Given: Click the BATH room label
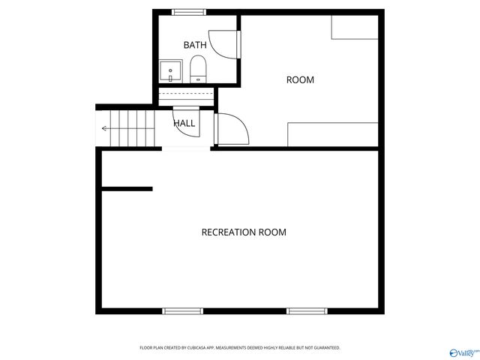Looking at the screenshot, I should [x=195, y=45].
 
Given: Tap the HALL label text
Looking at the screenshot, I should [x=184, y=123].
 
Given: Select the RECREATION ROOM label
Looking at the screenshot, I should [x=244, y=232].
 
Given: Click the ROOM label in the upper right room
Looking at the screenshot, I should [x=300, y=79].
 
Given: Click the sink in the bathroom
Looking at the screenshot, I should [x=172, y=71].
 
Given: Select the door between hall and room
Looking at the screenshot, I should [x=232, y=129].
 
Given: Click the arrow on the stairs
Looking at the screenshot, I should [x=105, y=129].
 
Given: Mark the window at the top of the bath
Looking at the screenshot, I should [x=189, y=12].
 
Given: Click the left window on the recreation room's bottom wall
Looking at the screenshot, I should [x=183, y=310].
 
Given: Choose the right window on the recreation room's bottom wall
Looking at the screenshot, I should [x=306, y=310].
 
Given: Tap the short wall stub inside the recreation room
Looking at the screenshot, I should [x=127, y=189].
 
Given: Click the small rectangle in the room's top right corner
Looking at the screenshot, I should [x=355, y=27].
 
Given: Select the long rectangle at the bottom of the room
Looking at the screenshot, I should [x=333, y=134].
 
